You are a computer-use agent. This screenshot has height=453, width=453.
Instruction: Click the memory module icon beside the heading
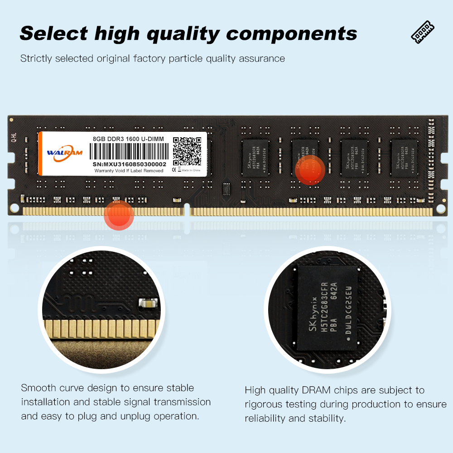422,33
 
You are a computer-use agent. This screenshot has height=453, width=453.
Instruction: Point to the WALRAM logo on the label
64,153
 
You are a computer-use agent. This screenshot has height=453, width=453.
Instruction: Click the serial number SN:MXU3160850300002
129,164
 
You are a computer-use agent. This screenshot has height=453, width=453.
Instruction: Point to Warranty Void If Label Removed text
129,171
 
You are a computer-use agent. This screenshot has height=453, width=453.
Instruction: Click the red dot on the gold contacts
119,215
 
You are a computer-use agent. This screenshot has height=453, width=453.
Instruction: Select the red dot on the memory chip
310,169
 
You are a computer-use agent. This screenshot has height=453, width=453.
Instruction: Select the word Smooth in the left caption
39,388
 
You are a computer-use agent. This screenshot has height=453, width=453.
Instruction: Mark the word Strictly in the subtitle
35,58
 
